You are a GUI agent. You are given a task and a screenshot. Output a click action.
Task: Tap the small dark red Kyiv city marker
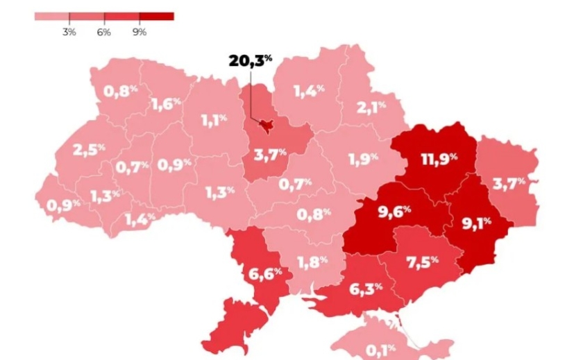[x=265, y=123]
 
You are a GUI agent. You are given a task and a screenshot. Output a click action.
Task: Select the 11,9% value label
[x=439, y=158]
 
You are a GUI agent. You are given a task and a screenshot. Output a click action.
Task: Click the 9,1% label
[x=476, y=223]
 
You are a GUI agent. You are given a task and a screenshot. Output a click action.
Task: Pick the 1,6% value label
[x=166, y=104]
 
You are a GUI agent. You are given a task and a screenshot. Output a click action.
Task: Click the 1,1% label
[x=214, y=120]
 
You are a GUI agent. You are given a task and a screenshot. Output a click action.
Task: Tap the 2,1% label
[x=371, y=108]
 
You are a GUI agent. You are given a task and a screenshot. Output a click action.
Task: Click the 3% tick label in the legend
[x=69, y=33]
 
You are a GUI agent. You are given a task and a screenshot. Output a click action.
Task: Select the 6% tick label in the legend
[x=103, y=33]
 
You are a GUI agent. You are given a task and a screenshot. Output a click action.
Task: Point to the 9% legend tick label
[x=139, y=33]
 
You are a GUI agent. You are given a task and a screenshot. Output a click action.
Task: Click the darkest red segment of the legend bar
[x=156, y=16]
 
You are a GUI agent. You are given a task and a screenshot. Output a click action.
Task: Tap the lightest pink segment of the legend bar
[x=51, y=16]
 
